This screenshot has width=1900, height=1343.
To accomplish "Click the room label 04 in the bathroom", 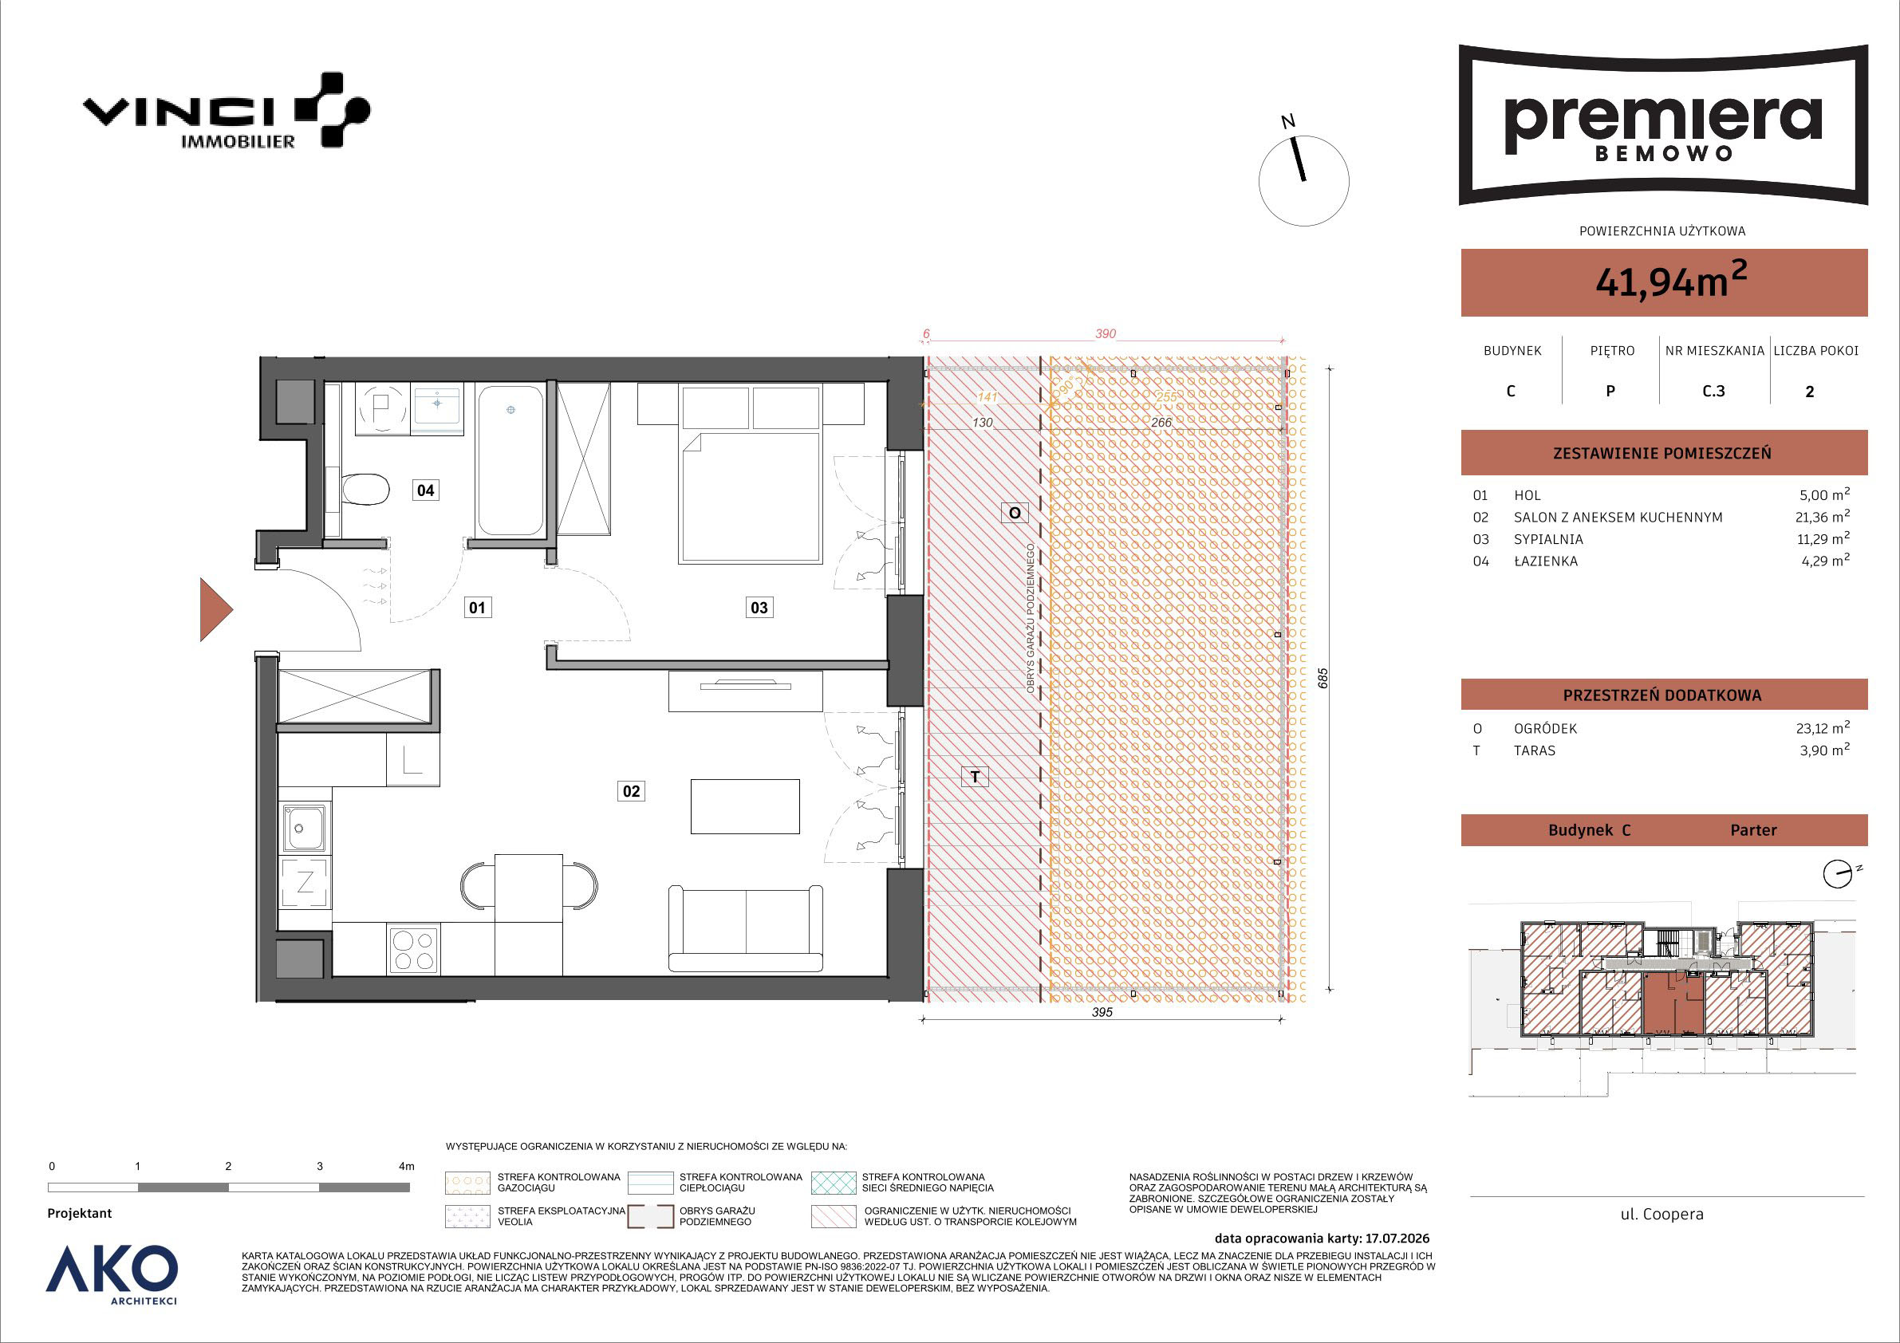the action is [425, 490].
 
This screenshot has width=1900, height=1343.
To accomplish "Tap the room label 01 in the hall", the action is [478, 608].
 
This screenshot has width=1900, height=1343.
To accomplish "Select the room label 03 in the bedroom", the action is [759, 608].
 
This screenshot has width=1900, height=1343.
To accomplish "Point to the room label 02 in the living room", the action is [632, 792].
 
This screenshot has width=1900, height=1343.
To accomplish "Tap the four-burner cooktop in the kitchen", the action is [413, 950].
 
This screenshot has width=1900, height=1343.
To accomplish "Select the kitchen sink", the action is [305, 828].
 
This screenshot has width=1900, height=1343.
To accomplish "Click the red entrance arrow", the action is [216, 610].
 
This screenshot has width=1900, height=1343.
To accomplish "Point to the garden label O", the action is [1015, 513].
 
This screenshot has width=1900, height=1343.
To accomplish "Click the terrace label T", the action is [976, 777].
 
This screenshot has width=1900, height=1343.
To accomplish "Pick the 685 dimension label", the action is [1323, 679].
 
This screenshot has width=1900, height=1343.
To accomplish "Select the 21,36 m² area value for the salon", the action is [1825, 517].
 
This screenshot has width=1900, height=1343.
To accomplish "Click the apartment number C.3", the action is [1714, 392].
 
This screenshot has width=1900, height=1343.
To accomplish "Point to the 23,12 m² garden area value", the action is [1823, 729].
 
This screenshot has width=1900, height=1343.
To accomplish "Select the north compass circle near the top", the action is [1303, 180].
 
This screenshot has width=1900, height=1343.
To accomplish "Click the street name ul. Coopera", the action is [1662, 1215].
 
